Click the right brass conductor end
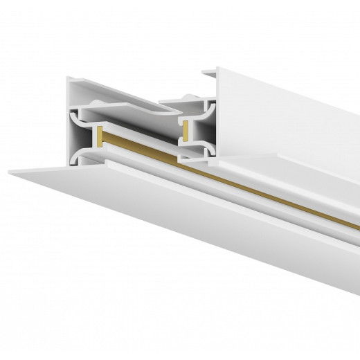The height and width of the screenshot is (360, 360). [x=186, y=127]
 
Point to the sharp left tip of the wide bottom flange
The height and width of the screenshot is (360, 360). [x=10, y=170]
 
